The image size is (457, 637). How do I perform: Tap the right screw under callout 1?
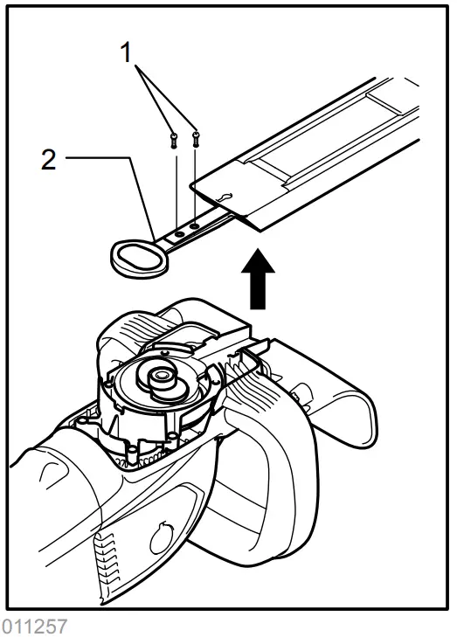click(x=196, y=135)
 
